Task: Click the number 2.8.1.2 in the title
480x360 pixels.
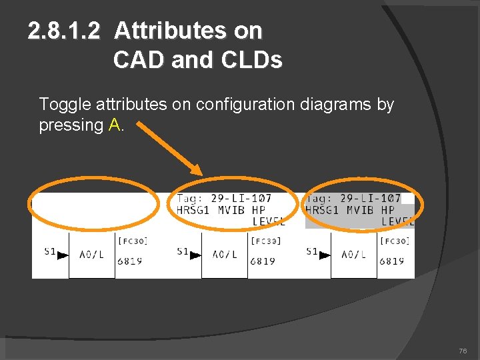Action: click(x=65, y=31)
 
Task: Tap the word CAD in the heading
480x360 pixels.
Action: click(x=139, y=61)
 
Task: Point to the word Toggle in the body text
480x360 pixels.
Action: click(x=65, y=105)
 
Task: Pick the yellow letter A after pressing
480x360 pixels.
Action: click(x=113, y=125)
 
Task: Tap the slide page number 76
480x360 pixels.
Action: click(x=463, y=351)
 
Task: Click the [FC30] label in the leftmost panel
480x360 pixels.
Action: click(x=133, y=241)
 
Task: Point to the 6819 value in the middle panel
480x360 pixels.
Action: click(x=262, y=261)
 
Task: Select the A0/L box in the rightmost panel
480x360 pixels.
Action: click(x=353, y=255)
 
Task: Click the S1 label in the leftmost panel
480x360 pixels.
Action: click(x=50, y=251)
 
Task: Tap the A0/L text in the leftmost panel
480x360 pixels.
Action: click(x=91, y=255)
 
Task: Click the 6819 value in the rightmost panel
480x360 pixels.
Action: click(x=391, y=261)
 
